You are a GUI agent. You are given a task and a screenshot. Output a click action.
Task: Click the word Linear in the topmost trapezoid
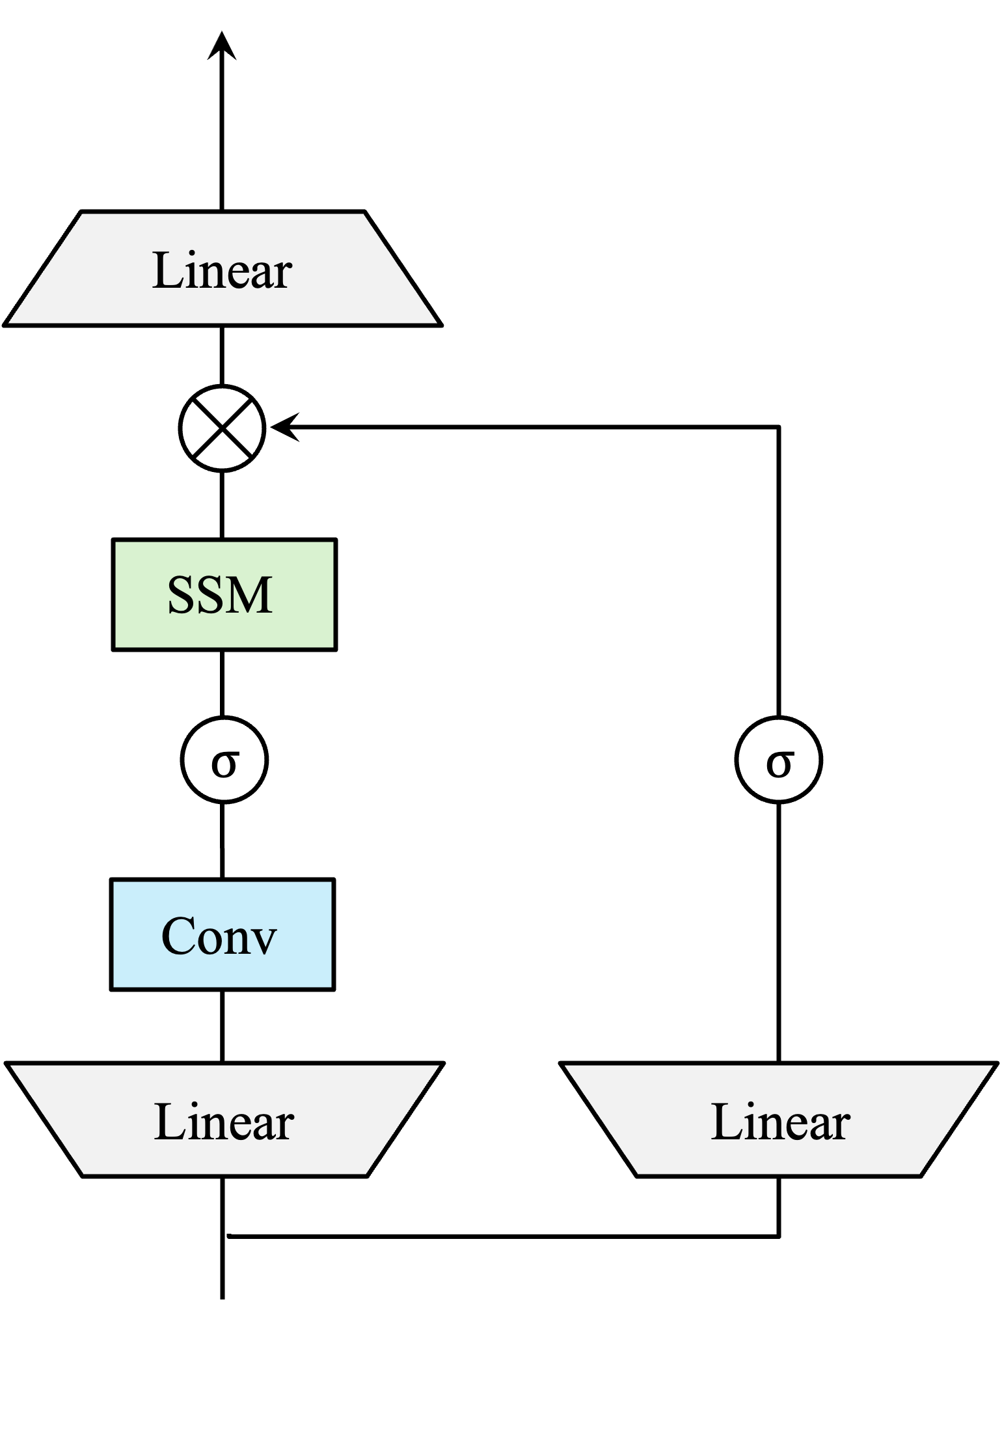(x=222, y=271)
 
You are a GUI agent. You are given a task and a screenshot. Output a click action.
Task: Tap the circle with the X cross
(x=222, y=428)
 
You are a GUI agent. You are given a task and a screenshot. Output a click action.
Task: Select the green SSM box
(x=224, y=594)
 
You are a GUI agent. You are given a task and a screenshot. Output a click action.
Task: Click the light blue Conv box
(x=223, y=934)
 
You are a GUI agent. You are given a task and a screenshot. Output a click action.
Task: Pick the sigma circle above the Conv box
(x=224, y=760)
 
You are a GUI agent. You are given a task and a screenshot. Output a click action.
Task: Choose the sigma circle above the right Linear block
(x=778, y=760)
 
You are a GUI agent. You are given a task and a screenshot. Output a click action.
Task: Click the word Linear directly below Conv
(x=224, y=1122)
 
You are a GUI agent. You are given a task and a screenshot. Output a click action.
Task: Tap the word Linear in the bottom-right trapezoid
(x=780, y=1122)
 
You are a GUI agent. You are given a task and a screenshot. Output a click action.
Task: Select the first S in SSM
(x=180, y=595)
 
